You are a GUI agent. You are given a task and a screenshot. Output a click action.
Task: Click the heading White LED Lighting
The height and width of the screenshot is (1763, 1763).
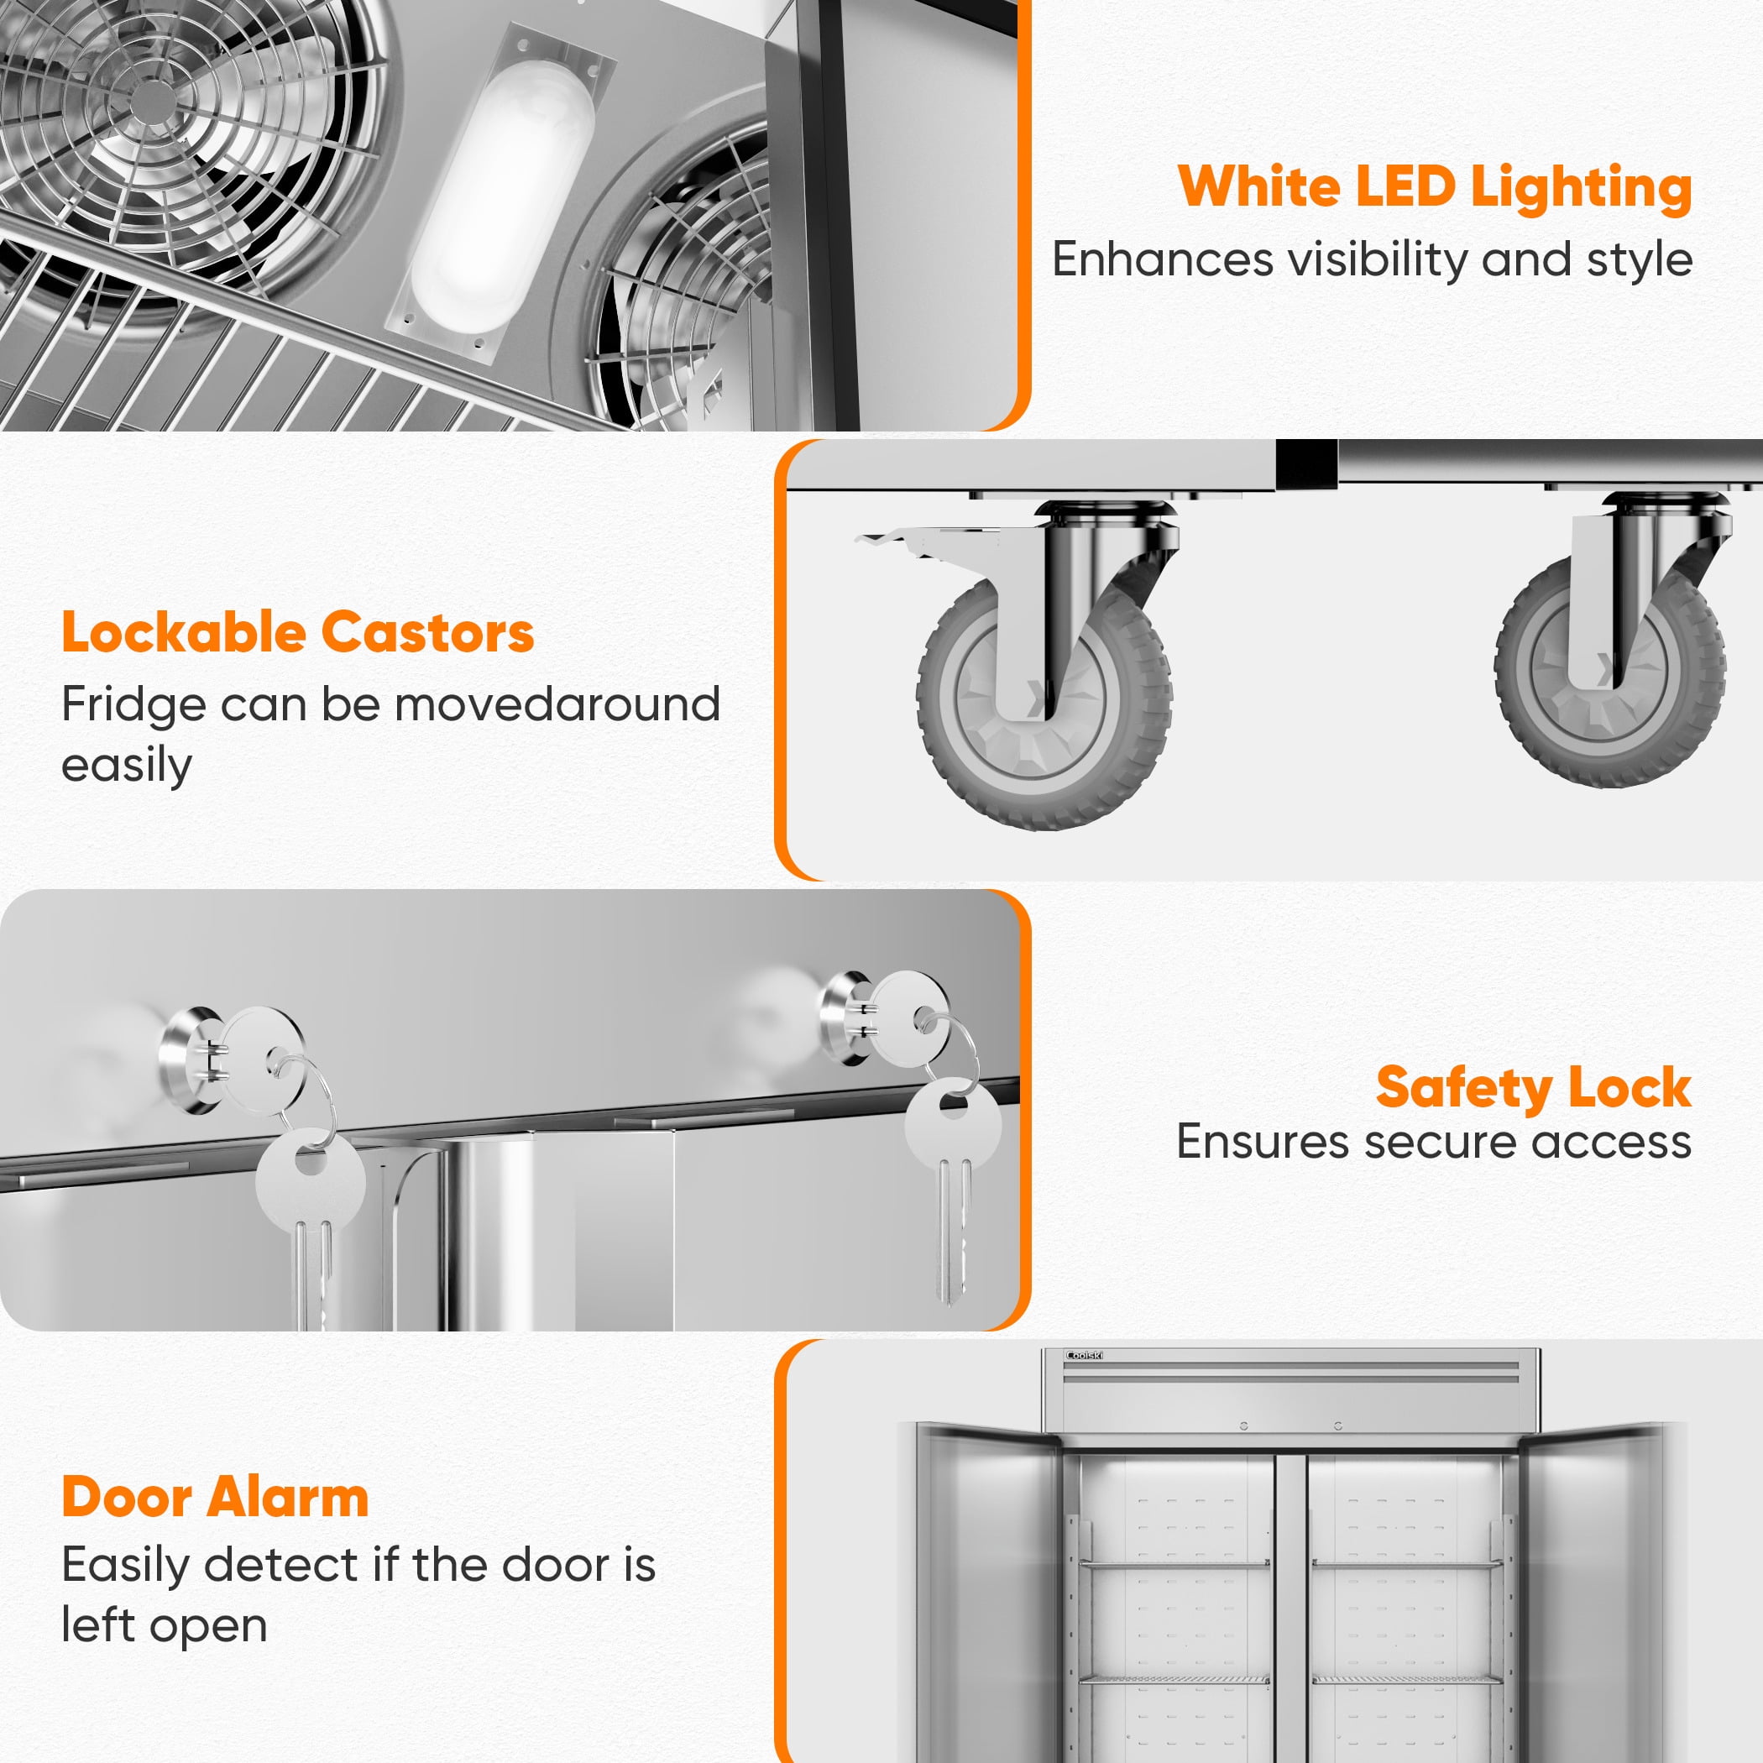pyautogui.click(x=1435, y=188)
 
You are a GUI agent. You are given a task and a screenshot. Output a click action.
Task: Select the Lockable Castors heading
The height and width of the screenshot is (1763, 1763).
pyautogui.click(x=297, y=632)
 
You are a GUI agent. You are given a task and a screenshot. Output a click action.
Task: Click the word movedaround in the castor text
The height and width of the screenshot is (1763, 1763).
pyautogui.click(x=557, y=704)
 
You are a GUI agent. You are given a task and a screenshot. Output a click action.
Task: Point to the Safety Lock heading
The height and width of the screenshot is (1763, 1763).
pyautogui.click(x=1534, y=1088)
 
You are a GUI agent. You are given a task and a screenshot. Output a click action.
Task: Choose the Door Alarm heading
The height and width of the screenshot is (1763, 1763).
pyautogui.click(x=216, y=1499)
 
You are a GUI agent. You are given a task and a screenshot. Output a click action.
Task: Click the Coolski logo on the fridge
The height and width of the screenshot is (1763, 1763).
pyautogui.click(x=1084, y=1356)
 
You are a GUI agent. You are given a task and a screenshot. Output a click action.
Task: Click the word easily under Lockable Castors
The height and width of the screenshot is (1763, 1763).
pyautogui.click(x=127, y=766)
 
